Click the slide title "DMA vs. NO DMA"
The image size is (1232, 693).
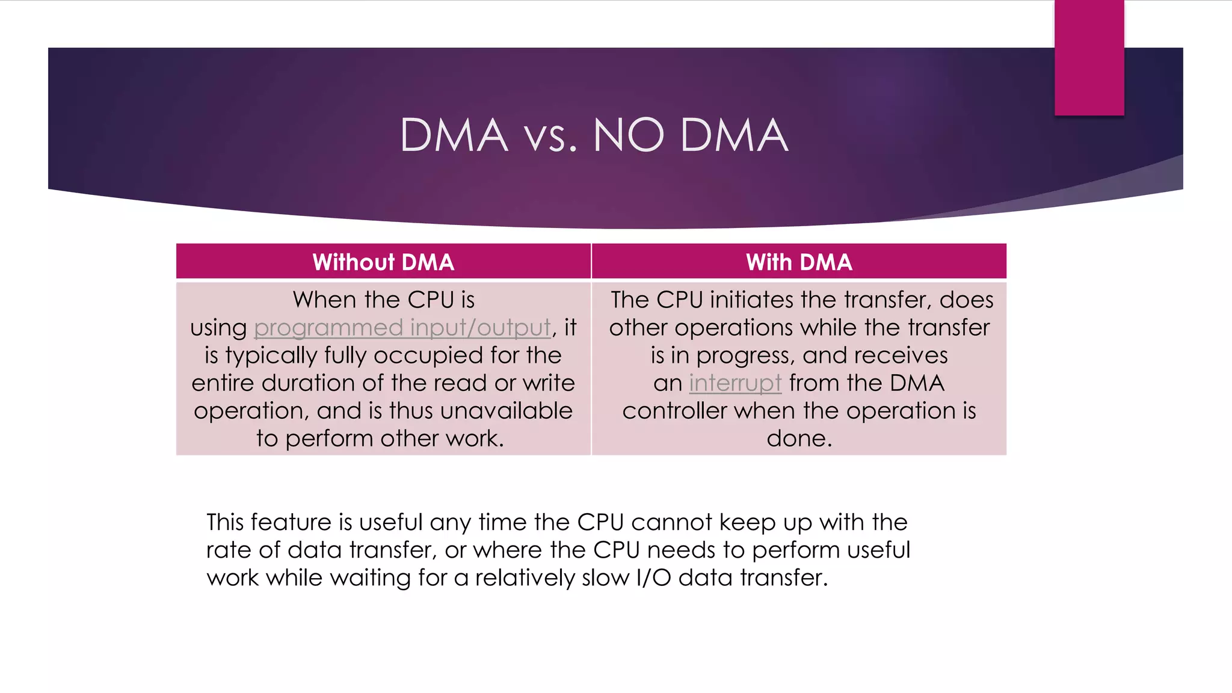click(594, 135)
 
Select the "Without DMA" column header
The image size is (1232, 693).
click(383, 262)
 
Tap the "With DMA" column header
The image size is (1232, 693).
click(799, 262)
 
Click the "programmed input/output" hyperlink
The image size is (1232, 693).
click(402, 328)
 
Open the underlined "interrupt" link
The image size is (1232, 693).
click(735, 383)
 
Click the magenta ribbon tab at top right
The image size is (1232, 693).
click(1089, 58)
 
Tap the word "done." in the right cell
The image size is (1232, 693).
click(799, 439)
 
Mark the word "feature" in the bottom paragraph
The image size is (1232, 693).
click(291, 522)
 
